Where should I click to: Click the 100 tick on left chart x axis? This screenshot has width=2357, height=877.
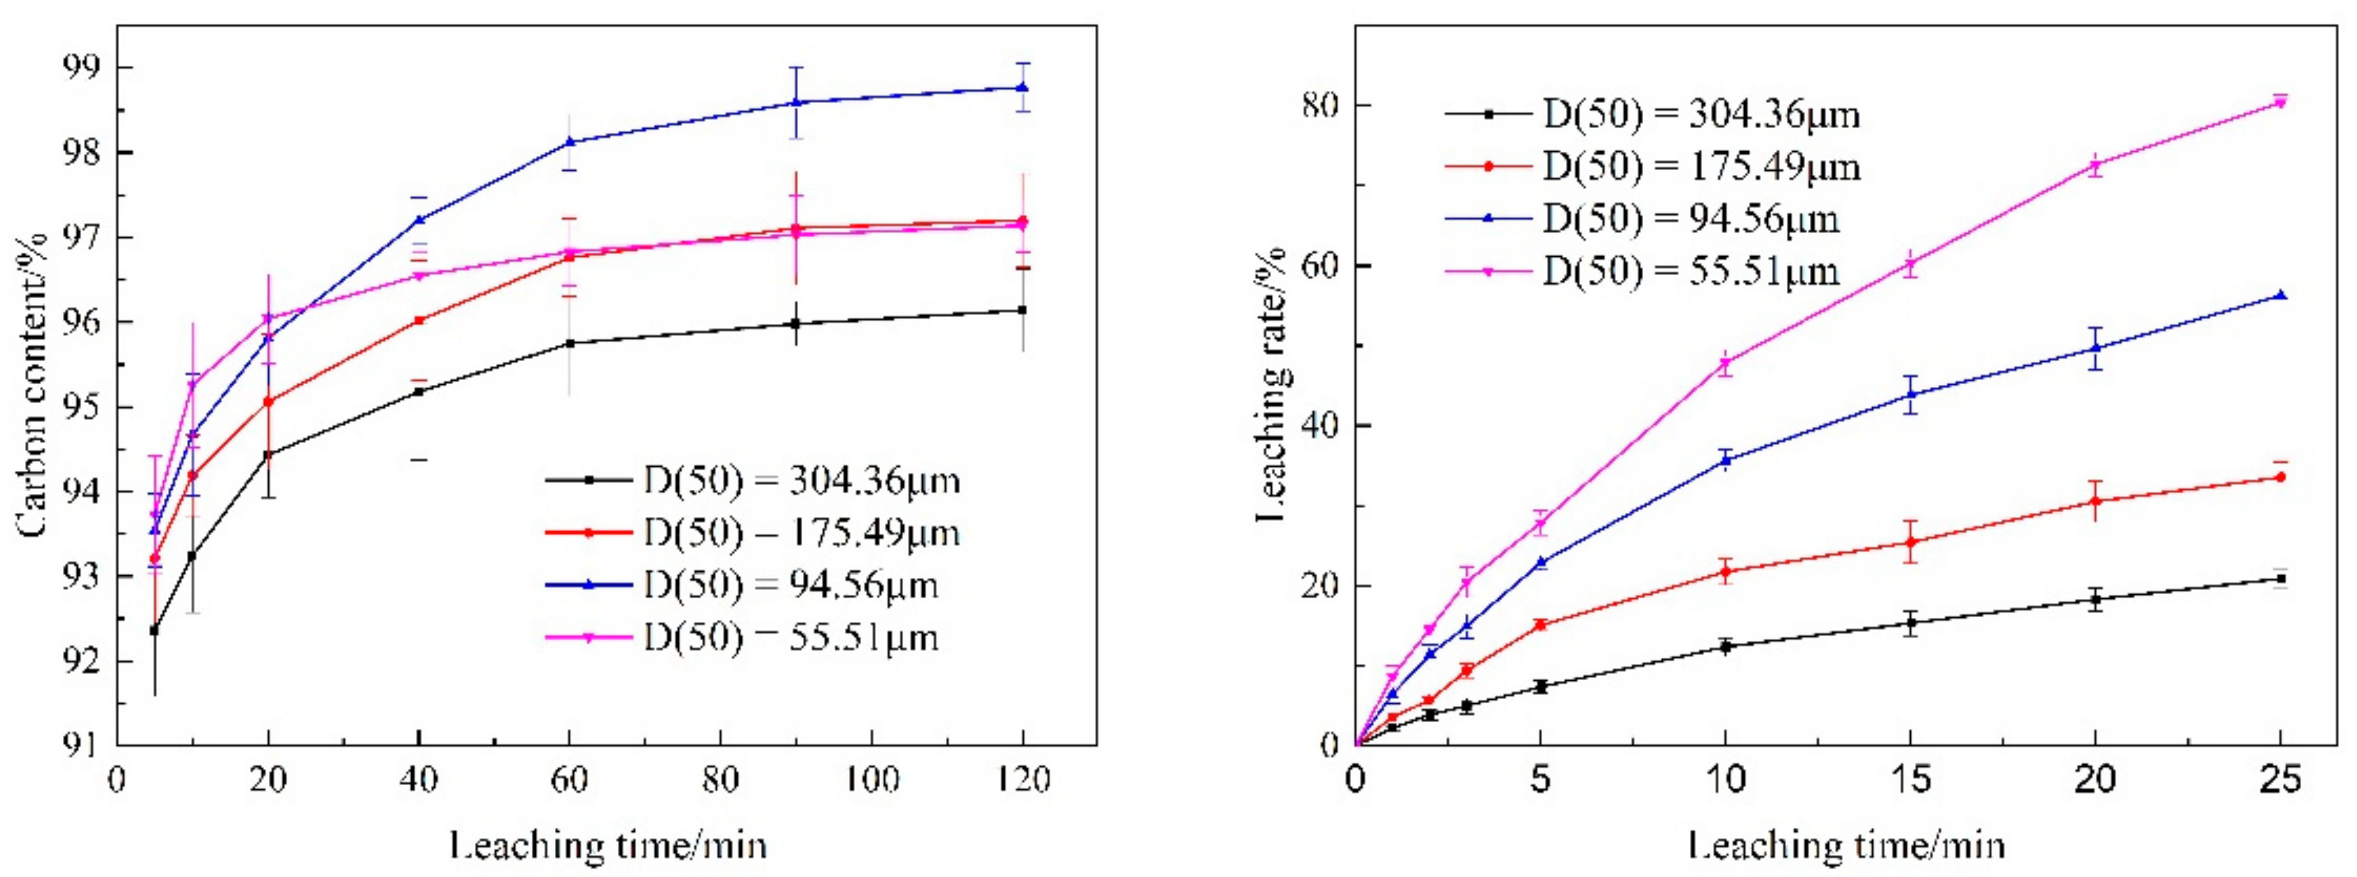[x=871, y=780]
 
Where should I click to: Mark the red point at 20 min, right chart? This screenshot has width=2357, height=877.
[x=2095, y=501]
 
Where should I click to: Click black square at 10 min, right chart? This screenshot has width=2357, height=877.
[x=1726, y=646]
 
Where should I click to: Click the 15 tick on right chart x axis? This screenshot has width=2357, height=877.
[x=1911, y=780]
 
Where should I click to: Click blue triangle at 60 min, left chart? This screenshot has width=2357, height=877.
[x=569, y=142]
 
